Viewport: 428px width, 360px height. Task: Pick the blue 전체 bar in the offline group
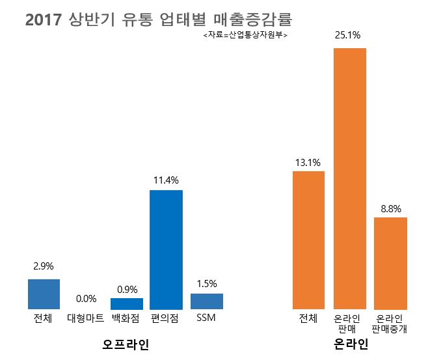tap(44, 294)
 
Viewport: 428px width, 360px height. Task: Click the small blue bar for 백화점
tap(126, 303)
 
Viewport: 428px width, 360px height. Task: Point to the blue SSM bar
tap(206, 301)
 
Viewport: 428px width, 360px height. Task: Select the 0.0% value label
tap(85, 299)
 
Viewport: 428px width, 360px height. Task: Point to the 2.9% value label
tap(44, 266)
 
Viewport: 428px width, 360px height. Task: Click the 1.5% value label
tap(206, 283)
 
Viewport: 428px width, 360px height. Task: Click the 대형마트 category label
tap(85, 319)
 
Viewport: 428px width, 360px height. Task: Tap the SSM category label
tap(206, 318)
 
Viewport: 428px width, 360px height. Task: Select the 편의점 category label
tap(166, 319)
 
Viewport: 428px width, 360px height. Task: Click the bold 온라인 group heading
tap(351, 343)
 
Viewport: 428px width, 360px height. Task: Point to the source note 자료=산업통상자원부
tap(245, 35)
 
